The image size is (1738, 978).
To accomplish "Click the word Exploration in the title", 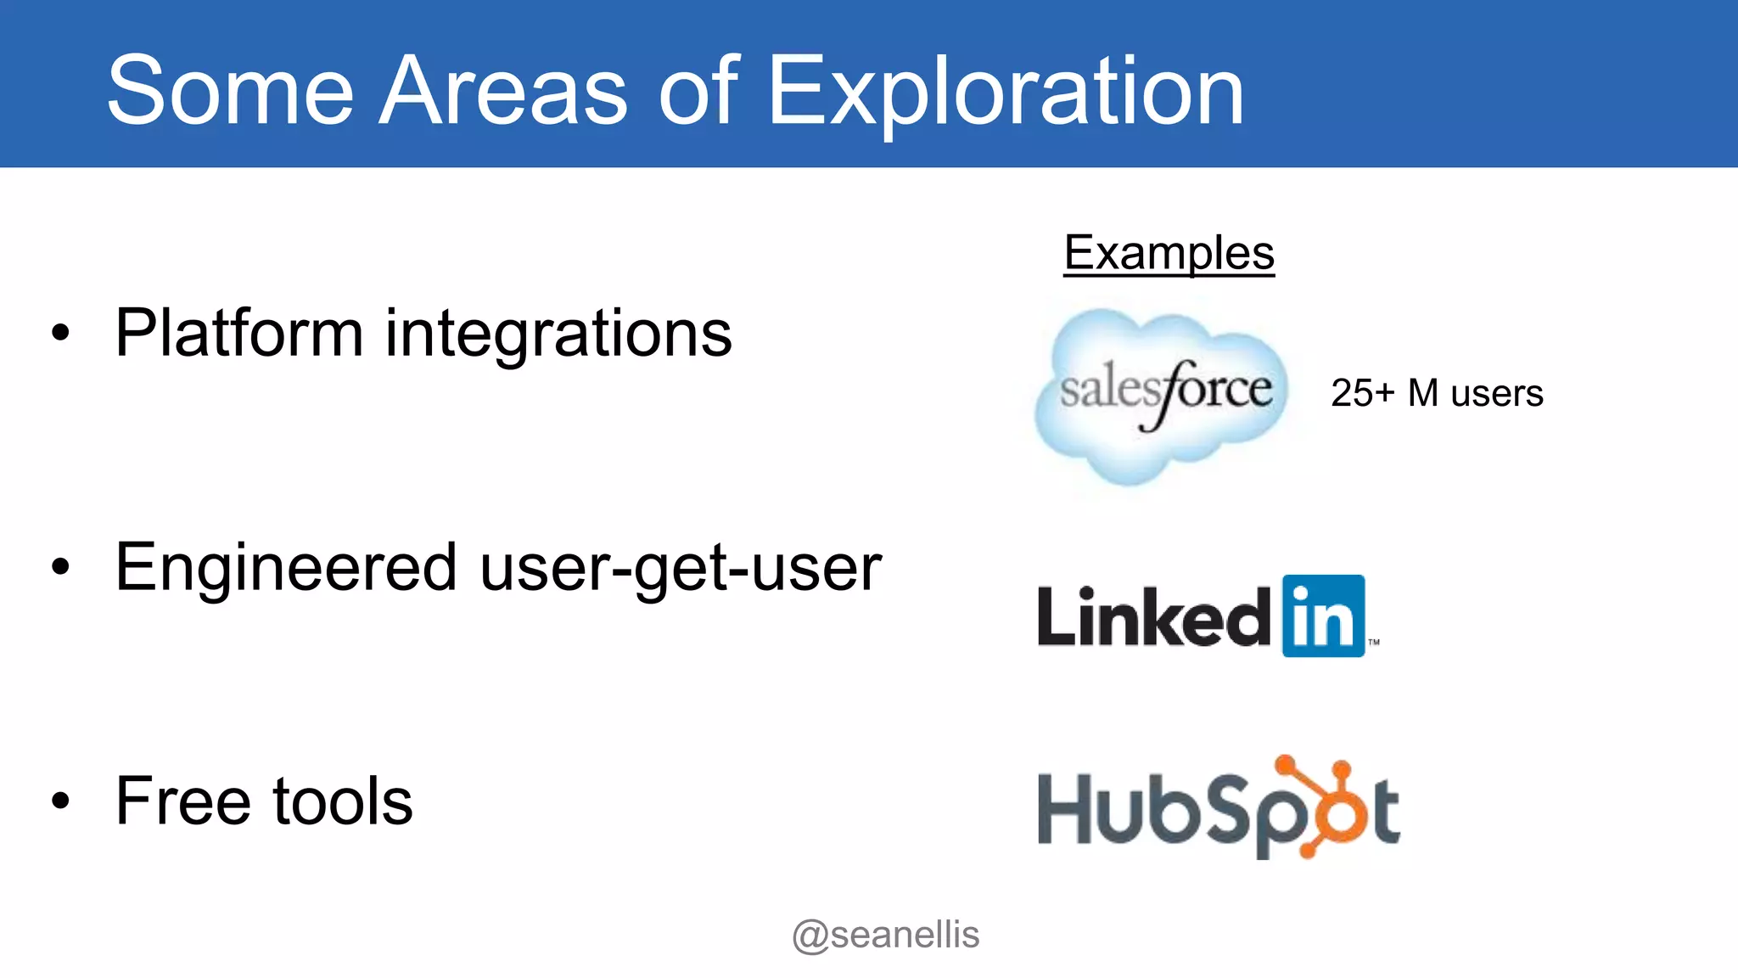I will click(x=1006, y=92).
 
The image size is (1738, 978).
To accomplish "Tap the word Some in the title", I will click(x=230, y=92).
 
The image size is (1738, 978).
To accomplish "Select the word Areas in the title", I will click(x=502, y=92).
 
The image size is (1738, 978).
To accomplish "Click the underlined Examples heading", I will click(x=1169, y=253).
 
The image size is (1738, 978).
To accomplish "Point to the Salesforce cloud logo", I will click(x=1161, y=395).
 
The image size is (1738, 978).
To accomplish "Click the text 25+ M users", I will click(x=1437, y=393).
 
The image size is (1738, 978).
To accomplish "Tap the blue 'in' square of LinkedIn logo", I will click(x=1323, y=616).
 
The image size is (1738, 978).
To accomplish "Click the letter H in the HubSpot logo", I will click(x=1063, y=810).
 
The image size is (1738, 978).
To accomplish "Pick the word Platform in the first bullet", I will click(x=239, y=333).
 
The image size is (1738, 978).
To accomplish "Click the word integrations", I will click(x=558, y=333).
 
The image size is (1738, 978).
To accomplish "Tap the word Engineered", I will click(x=286, y=567).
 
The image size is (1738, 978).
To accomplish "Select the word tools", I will click(x=343, y=801).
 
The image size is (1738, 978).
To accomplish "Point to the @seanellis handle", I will click(x=885, y=935).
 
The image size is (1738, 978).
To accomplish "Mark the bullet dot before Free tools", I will click(x=60, y=800).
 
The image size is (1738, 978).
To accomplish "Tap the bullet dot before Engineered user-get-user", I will click(x=60, y=566).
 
